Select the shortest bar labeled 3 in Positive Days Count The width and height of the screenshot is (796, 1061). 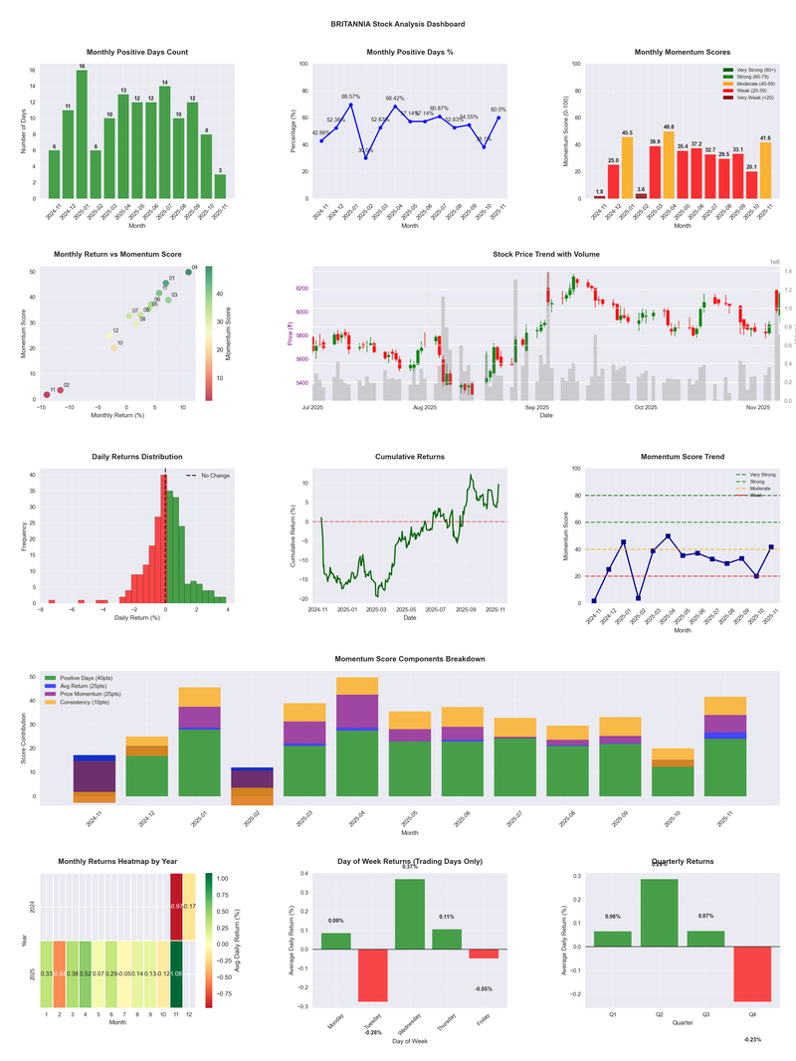[220, 186]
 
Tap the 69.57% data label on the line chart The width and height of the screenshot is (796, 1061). [350, 97]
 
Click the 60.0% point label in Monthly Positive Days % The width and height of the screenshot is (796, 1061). [497, 110]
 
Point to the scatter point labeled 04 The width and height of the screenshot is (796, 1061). [188, 272]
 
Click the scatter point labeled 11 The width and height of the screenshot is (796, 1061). [46, 395]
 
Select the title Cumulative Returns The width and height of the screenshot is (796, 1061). [410, 456]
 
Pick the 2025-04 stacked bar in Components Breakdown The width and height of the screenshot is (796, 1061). [356, 737]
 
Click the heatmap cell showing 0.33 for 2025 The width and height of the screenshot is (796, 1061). [47, 973]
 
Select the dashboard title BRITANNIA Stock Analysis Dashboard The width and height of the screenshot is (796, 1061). [398, 24]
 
